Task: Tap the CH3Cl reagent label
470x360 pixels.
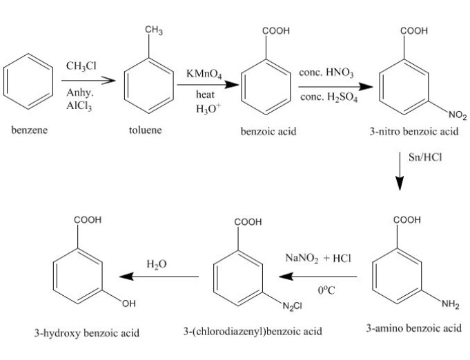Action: [81, 66]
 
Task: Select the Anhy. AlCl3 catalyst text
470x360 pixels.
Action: [81, 100]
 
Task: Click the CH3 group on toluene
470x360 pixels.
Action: [154, 30]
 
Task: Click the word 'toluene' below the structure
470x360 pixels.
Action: [145, 130]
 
